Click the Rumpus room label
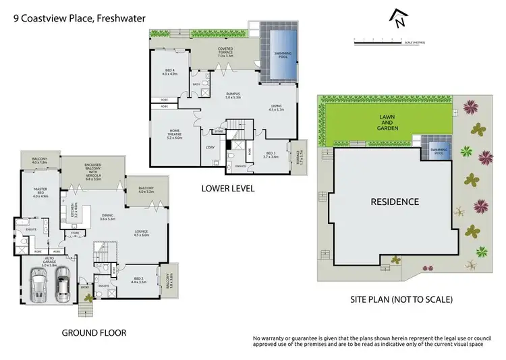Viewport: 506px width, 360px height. tap(233, 95)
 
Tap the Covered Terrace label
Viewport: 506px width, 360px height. tap(225, 52)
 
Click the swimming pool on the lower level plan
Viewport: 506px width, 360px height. tap(278, 57)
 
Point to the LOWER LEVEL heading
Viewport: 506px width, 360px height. tap(228, 189)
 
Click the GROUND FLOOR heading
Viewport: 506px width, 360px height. tap(94, 332)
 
